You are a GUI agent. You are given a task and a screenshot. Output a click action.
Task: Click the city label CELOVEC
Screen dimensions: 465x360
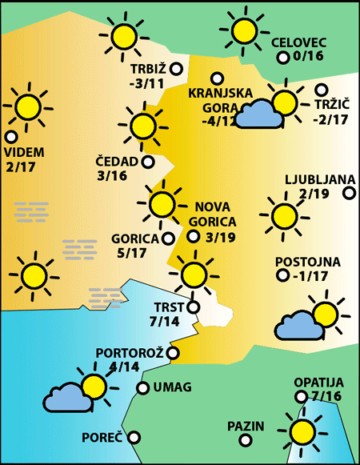click(x=298, y=42)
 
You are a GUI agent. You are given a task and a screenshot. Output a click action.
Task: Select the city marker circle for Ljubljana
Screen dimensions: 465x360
click(x=349, y=192)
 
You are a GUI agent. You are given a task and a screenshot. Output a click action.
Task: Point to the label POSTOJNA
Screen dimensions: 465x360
click(x=307, y=263)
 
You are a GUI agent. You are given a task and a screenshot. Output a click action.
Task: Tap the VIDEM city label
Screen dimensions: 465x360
click(x=24, y=152)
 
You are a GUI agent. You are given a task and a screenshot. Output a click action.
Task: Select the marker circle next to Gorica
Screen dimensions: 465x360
click(x=168, y=238)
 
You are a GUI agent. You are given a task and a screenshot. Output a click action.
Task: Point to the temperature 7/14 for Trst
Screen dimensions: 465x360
click(x=165, y=321)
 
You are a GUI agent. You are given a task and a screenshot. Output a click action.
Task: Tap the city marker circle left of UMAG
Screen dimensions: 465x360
click(x=142, y=388)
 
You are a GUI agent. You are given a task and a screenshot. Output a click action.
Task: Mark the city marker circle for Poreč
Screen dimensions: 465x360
click(x=134, y=437)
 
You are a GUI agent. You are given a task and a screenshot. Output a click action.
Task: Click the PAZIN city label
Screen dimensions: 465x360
click(x=245, y=426)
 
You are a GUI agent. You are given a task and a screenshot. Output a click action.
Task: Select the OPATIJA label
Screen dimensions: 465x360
click(x=318, y=383)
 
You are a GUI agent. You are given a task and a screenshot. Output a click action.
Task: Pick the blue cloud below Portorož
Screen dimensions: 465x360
click(x=68, y=397)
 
